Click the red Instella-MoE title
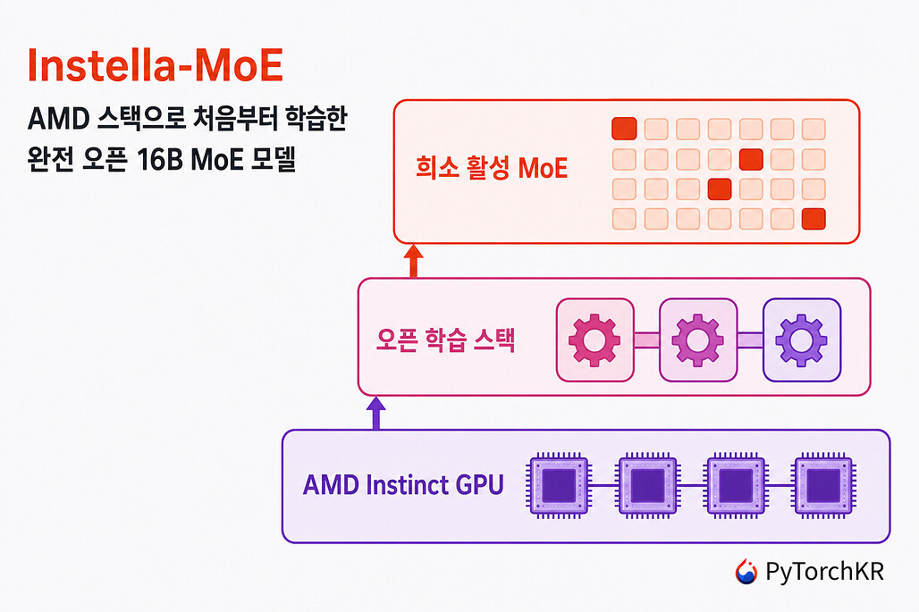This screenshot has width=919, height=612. coord(156,65)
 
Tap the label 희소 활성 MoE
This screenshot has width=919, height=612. coord(492,167)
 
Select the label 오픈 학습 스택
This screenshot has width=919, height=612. coord(445,340)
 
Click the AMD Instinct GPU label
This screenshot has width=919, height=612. coord(403,485)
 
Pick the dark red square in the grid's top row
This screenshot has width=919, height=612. coord(624,129)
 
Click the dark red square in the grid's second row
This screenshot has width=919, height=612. coord(751,159)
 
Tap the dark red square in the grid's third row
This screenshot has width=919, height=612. coord(719,189)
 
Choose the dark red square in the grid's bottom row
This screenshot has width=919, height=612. coord(814,219)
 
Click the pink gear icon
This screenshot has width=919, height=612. coord(594,340)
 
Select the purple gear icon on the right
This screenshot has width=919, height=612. coord(801,340)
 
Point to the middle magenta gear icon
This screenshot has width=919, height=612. coord(697,340)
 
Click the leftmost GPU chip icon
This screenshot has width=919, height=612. coord(559,485)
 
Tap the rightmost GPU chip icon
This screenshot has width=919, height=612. coord(823,485)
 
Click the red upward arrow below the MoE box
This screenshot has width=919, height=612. coord(413,261)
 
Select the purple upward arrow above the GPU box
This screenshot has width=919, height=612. coord(375,414)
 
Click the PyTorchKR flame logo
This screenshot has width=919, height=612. coord(746,572)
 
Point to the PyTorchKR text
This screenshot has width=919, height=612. coord(824,572)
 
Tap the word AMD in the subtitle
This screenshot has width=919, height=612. coord(59,119)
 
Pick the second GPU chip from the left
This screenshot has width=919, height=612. coord(647,485)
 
